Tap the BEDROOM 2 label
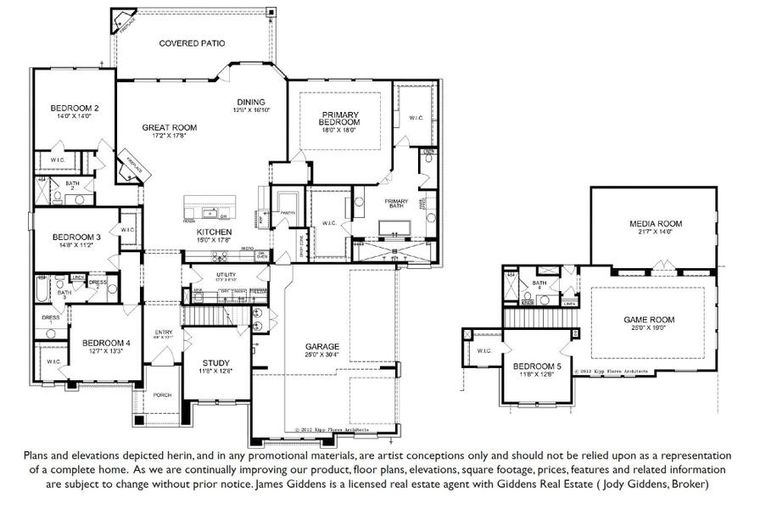pyautogui.click(x=75, y=108)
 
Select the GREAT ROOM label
pyautogui.click(x=169, y=127)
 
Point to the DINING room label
pyautogui.click(x=250, y=101)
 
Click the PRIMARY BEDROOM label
pyautogui.click(x=339, y=119)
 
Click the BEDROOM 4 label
pyautogui.click(x=105, y=343)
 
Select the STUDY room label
pyautogui.click(x=215, y=362)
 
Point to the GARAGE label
pyautogui.click(x=322, y=347)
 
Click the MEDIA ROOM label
pyautogui.click(x=655, y=224)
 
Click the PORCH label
pyautogui.click(x=162, y=395)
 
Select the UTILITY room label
pyautogui.click(x=225, y=275)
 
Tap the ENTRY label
pyautogui.click(x=163, y=332)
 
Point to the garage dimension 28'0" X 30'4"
pyautogui.click(x=322, y=355)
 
